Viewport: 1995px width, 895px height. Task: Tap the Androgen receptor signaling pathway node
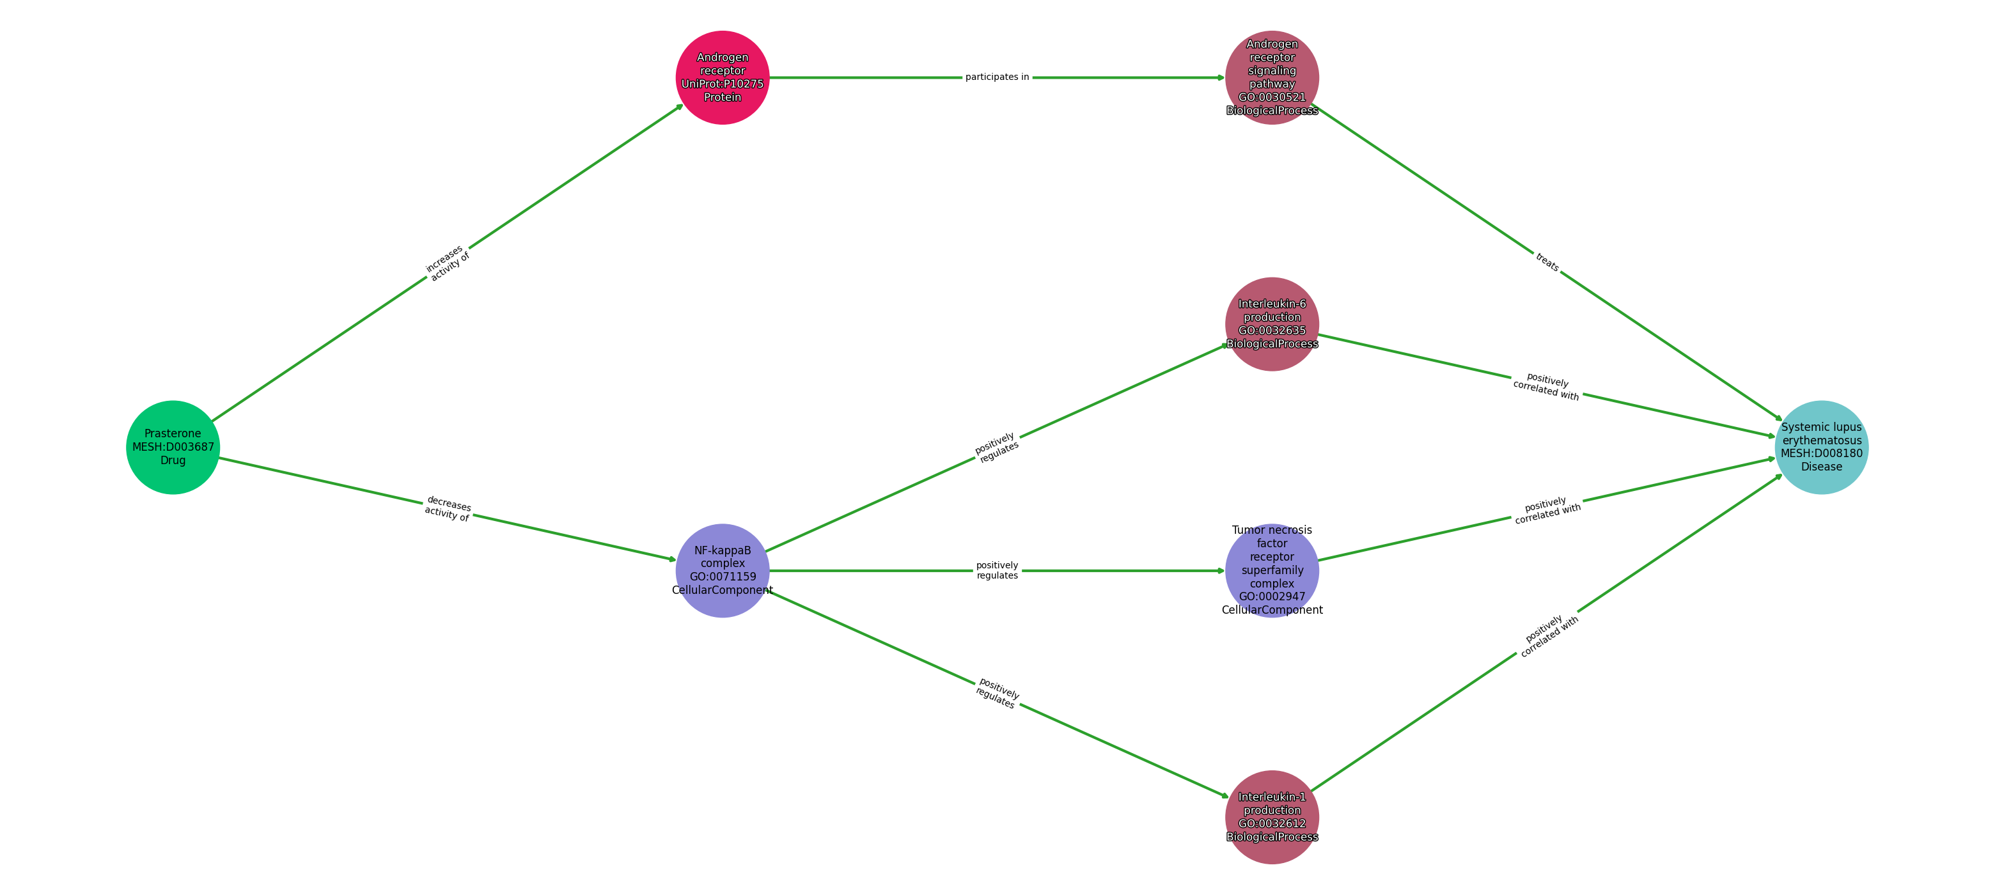1272,77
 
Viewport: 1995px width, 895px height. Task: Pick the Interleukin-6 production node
1272,323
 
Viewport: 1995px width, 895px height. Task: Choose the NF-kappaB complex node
722,571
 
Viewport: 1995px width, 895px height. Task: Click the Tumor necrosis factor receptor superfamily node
1272,571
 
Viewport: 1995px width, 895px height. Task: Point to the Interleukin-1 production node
1272,817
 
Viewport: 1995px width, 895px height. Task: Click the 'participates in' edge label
997,77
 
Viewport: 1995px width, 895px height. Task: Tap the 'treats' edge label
1547,263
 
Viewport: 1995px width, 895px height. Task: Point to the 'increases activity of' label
448,263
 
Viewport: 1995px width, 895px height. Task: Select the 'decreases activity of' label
448,509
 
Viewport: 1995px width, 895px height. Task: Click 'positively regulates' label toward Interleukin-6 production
997,447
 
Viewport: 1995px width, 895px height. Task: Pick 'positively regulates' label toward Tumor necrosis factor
997,571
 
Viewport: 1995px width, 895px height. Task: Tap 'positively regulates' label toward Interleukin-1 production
997,694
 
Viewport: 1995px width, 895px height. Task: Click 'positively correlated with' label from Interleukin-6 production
1547,385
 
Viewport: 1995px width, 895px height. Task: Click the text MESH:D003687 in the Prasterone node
173,447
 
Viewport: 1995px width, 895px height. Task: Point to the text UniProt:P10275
722,84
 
